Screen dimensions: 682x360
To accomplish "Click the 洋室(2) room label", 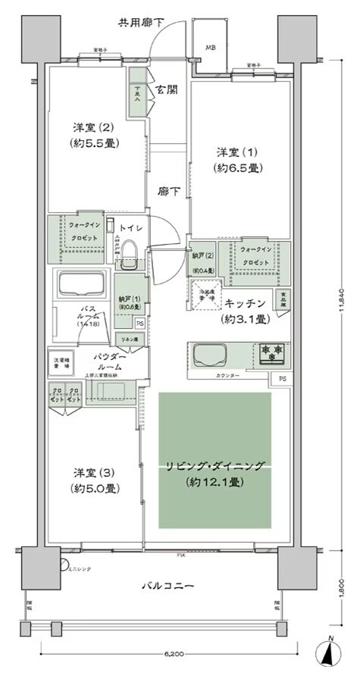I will pos(96,134).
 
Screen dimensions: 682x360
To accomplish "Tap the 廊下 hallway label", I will pos(169,192).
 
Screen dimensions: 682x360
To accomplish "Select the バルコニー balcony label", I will pos(168,585).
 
